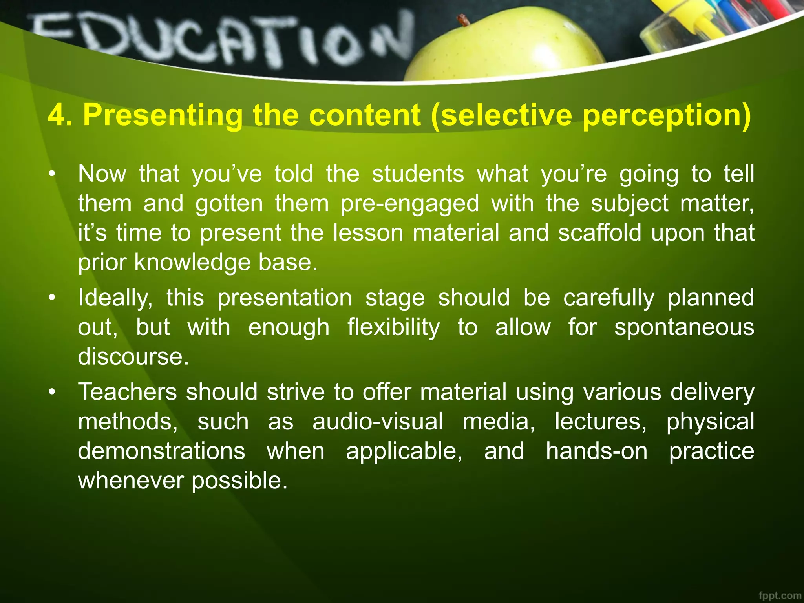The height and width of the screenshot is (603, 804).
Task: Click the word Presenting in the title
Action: pyautogui.click(x=163, y=116)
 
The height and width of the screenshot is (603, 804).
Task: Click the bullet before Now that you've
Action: pyautogui.click(x=51, y=174)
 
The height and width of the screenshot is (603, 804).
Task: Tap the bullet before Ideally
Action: pyautogui.click(x=51, y=298)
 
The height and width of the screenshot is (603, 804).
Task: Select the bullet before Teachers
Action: pyautogui.click(x=51, y=392)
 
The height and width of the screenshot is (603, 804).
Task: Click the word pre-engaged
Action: pyautogui.click(x=409, y=204)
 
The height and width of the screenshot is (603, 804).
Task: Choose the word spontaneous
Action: pyautogui.click(x=684, y=327)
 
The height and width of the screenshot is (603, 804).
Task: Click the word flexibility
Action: pyautogui.click(x=393, y=327)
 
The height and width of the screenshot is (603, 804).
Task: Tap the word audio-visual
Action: pyautogui.click(x=378, y=422)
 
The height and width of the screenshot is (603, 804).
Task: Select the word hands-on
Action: pyautogui.click(x=596, y=451)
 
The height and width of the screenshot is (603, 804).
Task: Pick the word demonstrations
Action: pyautogui.click(x=161, y=451)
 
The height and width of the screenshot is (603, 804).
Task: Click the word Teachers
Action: pyautogui.click(x=128, y=392)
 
